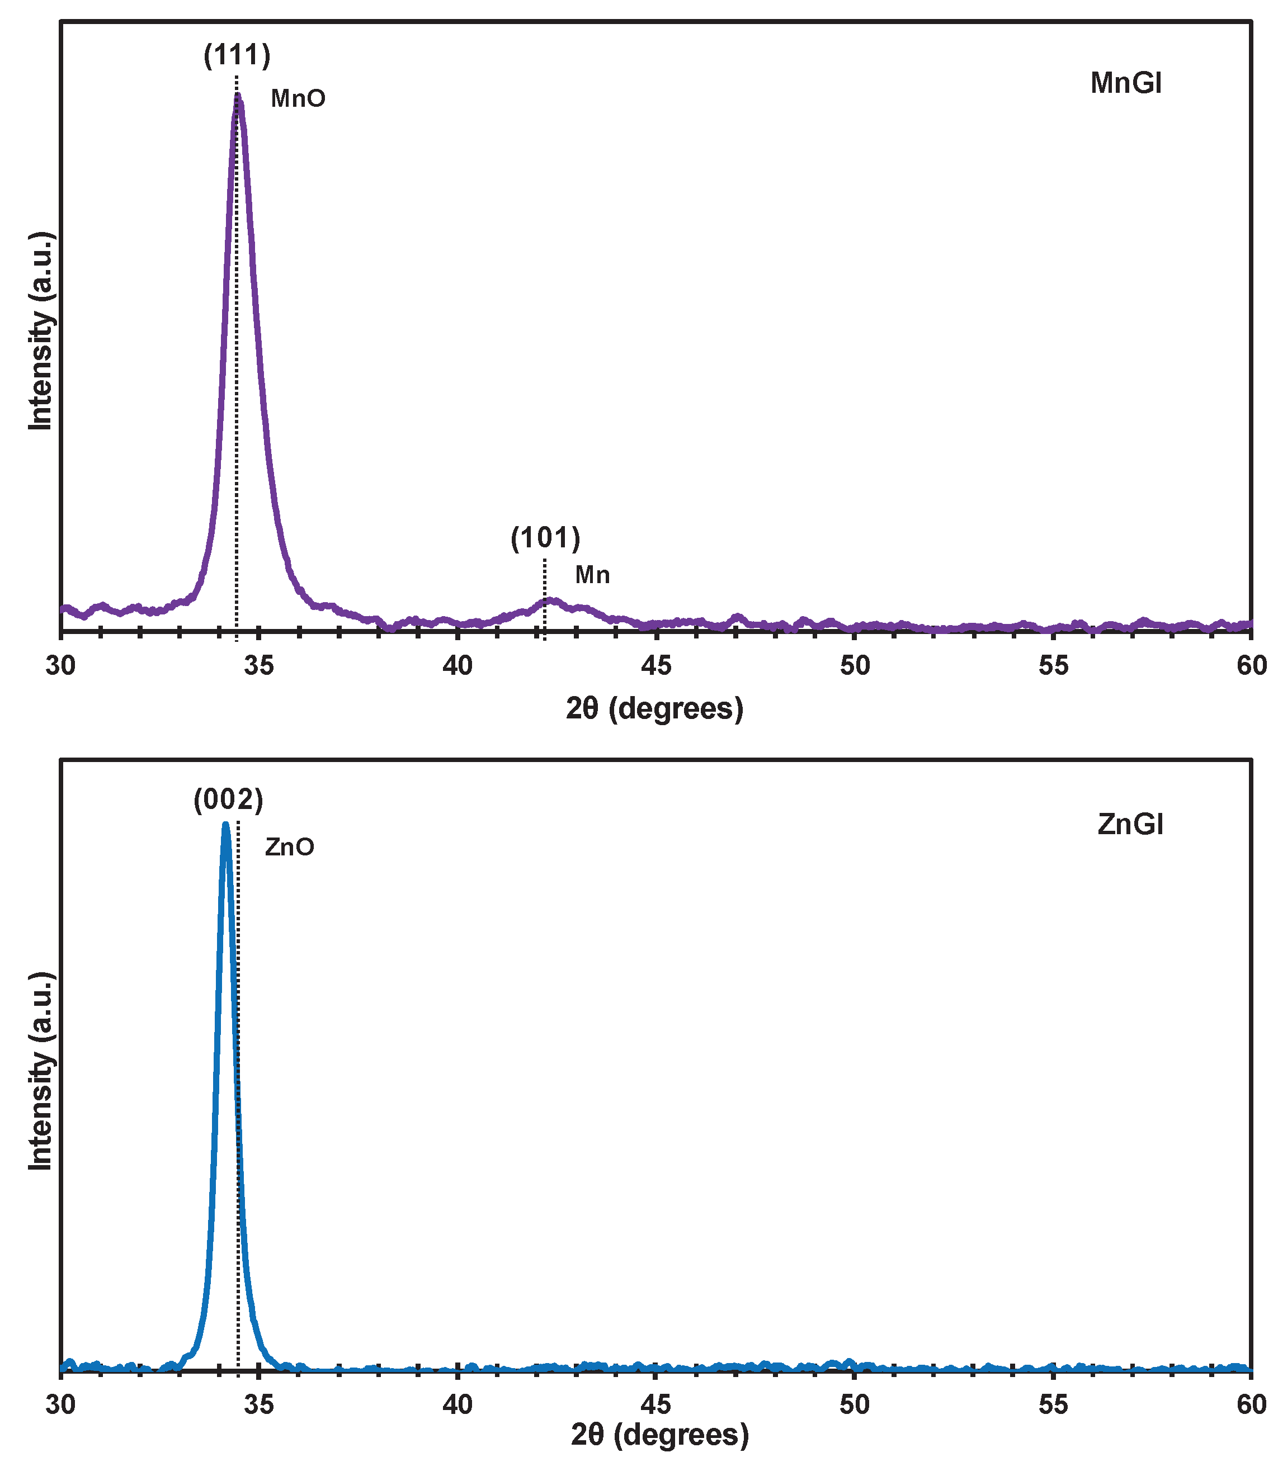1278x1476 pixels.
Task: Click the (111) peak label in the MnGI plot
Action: click(x=237, y=55)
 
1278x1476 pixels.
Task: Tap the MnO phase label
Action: click(x=298, y=99)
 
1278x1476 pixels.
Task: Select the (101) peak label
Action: click(x=545, y=538)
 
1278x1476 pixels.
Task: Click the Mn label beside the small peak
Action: click(x=593, y=575)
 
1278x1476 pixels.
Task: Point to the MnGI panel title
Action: click(x=1126, y=84)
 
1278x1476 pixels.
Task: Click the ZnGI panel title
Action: click(x=1130, y=825)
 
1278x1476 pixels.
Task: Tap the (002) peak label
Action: click(x=228, y=801)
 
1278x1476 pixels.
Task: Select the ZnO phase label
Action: click(x=290, y=847)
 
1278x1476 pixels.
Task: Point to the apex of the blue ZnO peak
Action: click(x=226, y=826)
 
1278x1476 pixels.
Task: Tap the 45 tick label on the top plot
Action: click(x=656, y=665)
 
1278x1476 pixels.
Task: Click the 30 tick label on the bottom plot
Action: click(x=60, y=1404)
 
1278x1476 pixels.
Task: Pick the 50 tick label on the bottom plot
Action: click(x=855, y=1404)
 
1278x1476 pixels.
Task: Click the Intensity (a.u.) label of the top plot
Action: click(x=41, y=331)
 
